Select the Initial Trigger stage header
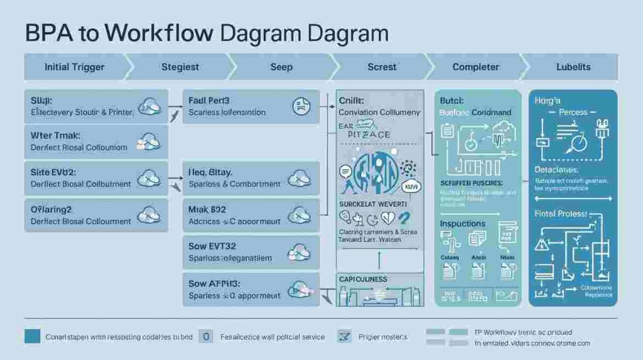75,67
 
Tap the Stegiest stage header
180,67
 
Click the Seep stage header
281,67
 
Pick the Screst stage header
382,67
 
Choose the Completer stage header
476,67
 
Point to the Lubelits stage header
573,67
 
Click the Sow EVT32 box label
212,246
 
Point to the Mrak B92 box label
207,209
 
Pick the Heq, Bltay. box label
210,172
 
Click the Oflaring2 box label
51,209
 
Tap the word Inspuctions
463,224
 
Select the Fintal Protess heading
560,214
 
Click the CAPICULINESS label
363,279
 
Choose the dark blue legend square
32,337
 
